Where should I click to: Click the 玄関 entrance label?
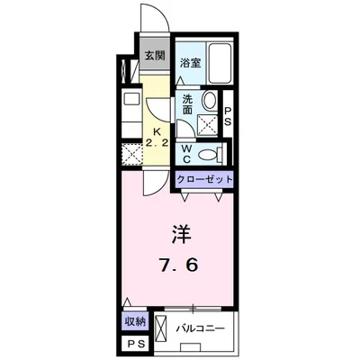point(154,55)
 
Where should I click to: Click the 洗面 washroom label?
point(187,103)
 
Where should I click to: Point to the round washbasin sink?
point(210,101)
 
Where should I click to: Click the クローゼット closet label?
point(204,179)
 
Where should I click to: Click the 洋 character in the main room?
point(182,233)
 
